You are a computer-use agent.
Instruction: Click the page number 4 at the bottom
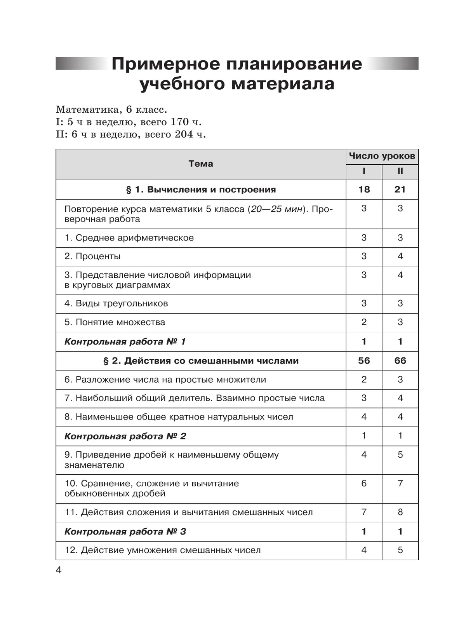tap(59, 570)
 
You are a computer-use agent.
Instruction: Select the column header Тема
tap(201, 164)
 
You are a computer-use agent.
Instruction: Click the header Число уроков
tap(382, 156)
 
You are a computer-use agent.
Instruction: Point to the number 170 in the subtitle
tap(179, 122)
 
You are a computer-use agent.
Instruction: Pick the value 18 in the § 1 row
tap(364, 190)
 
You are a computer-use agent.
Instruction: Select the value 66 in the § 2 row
tap(400, 361)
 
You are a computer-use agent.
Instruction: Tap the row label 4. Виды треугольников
tap(116, 303)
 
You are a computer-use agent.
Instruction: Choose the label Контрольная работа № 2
tap(125, 436)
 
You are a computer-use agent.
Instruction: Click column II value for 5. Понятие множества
tap(400, 322)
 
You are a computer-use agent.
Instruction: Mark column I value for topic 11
tap(364, 512)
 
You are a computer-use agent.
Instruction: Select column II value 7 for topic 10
tap(400, 484)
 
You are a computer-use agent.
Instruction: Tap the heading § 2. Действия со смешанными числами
tap(201, 361)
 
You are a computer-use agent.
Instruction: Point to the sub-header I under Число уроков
tap(364, 171)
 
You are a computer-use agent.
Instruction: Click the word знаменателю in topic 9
tap(94, 465)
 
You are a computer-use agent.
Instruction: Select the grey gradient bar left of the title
tap(81, 64)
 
